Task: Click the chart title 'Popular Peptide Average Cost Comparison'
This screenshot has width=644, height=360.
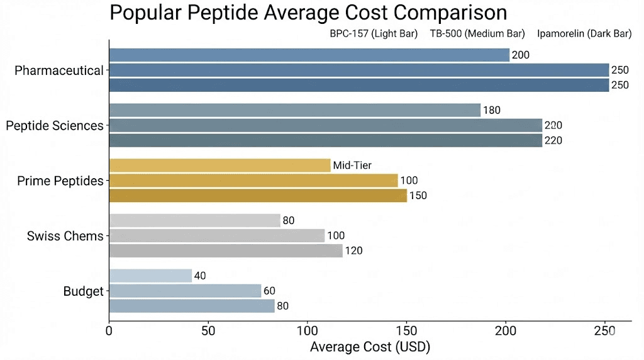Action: [308, 13]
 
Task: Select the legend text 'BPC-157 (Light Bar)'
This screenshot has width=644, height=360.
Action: [374, 34]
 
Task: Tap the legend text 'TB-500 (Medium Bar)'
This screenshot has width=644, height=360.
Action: [477, 34]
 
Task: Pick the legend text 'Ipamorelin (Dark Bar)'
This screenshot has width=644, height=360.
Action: [584, 34]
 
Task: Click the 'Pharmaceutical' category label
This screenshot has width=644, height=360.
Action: [59, 70]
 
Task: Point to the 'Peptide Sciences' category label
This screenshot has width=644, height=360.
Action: [55, 126]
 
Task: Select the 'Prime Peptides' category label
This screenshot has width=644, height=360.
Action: [60, 181]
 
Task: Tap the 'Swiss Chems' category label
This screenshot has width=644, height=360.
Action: [65, 236]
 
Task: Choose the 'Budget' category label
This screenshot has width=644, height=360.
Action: [83, 291]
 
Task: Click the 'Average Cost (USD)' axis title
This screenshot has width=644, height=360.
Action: [370, 347]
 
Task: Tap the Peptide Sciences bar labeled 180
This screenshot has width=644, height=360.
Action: [294, 111]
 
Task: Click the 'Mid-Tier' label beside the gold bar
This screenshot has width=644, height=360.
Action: [352, 166]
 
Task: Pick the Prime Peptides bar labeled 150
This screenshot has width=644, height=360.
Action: [258, 196]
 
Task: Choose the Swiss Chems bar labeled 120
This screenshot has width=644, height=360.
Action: [226, 251]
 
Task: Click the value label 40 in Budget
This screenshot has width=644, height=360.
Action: [201, 276]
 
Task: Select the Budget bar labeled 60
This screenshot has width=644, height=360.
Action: [185, 291]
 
